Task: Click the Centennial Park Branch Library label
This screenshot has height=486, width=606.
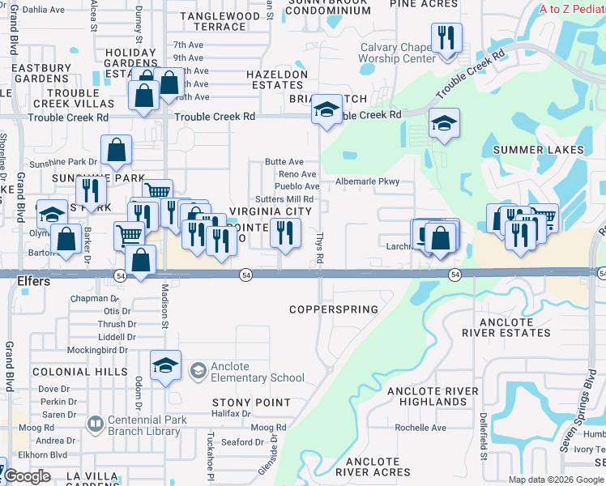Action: [x=147, y=425]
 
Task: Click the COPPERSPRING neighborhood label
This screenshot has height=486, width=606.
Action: [x=335, y=309]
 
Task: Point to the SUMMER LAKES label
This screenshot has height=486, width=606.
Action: [x=538, y=150]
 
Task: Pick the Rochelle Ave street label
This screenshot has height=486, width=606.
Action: [x=420, y=428]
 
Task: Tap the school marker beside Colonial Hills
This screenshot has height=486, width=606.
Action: [x=165, y=365]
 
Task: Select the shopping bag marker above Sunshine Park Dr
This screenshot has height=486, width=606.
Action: [x=116, y=150]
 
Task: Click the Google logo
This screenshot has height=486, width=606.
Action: [x=27, y=476]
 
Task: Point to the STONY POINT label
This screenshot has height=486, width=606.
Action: [x=251, y=403]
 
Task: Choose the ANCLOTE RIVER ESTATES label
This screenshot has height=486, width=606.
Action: [x=506, y=326]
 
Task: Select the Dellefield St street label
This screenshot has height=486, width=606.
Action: [x=483, y=434]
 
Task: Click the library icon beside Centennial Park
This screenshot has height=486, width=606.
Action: [x=96, y=424]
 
